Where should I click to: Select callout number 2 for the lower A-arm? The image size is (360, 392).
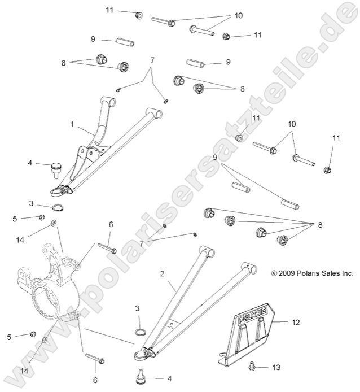click(163, 273)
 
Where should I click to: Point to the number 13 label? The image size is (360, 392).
click(276, 367)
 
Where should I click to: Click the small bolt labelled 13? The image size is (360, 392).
click(251, 367)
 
